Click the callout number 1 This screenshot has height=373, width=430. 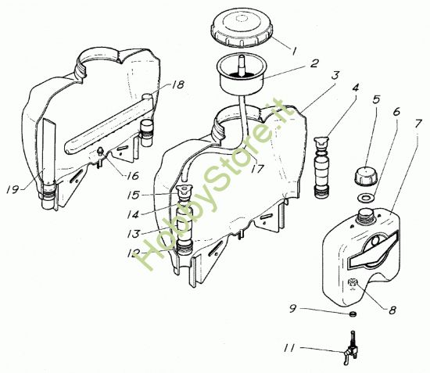point(294,52)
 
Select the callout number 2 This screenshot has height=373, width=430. point(314,63)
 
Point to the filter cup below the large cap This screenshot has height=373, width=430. point(242,75)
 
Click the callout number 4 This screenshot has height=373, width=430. point(356,88)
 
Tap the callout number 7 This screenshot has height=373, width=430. point(417,124)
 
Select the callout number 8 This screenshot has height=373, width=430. point(392,310)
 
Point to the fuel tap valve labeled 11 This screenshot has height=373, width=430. point(350,348)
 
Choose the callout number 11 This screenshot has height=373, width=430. point(289,348)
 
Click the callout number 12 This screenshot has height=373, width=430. point(134,253)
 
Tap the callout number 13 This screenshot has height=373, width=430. point(134,234)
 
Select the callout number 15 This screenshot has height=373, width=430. point(134,195)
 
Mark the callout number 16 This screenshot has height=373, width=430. point(133,176)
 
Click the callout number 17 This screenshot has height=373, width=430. point(257,169)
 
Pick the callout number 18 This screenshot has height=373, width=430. point(178,84)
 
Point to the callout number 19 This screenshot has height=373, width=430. point(13,189)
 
